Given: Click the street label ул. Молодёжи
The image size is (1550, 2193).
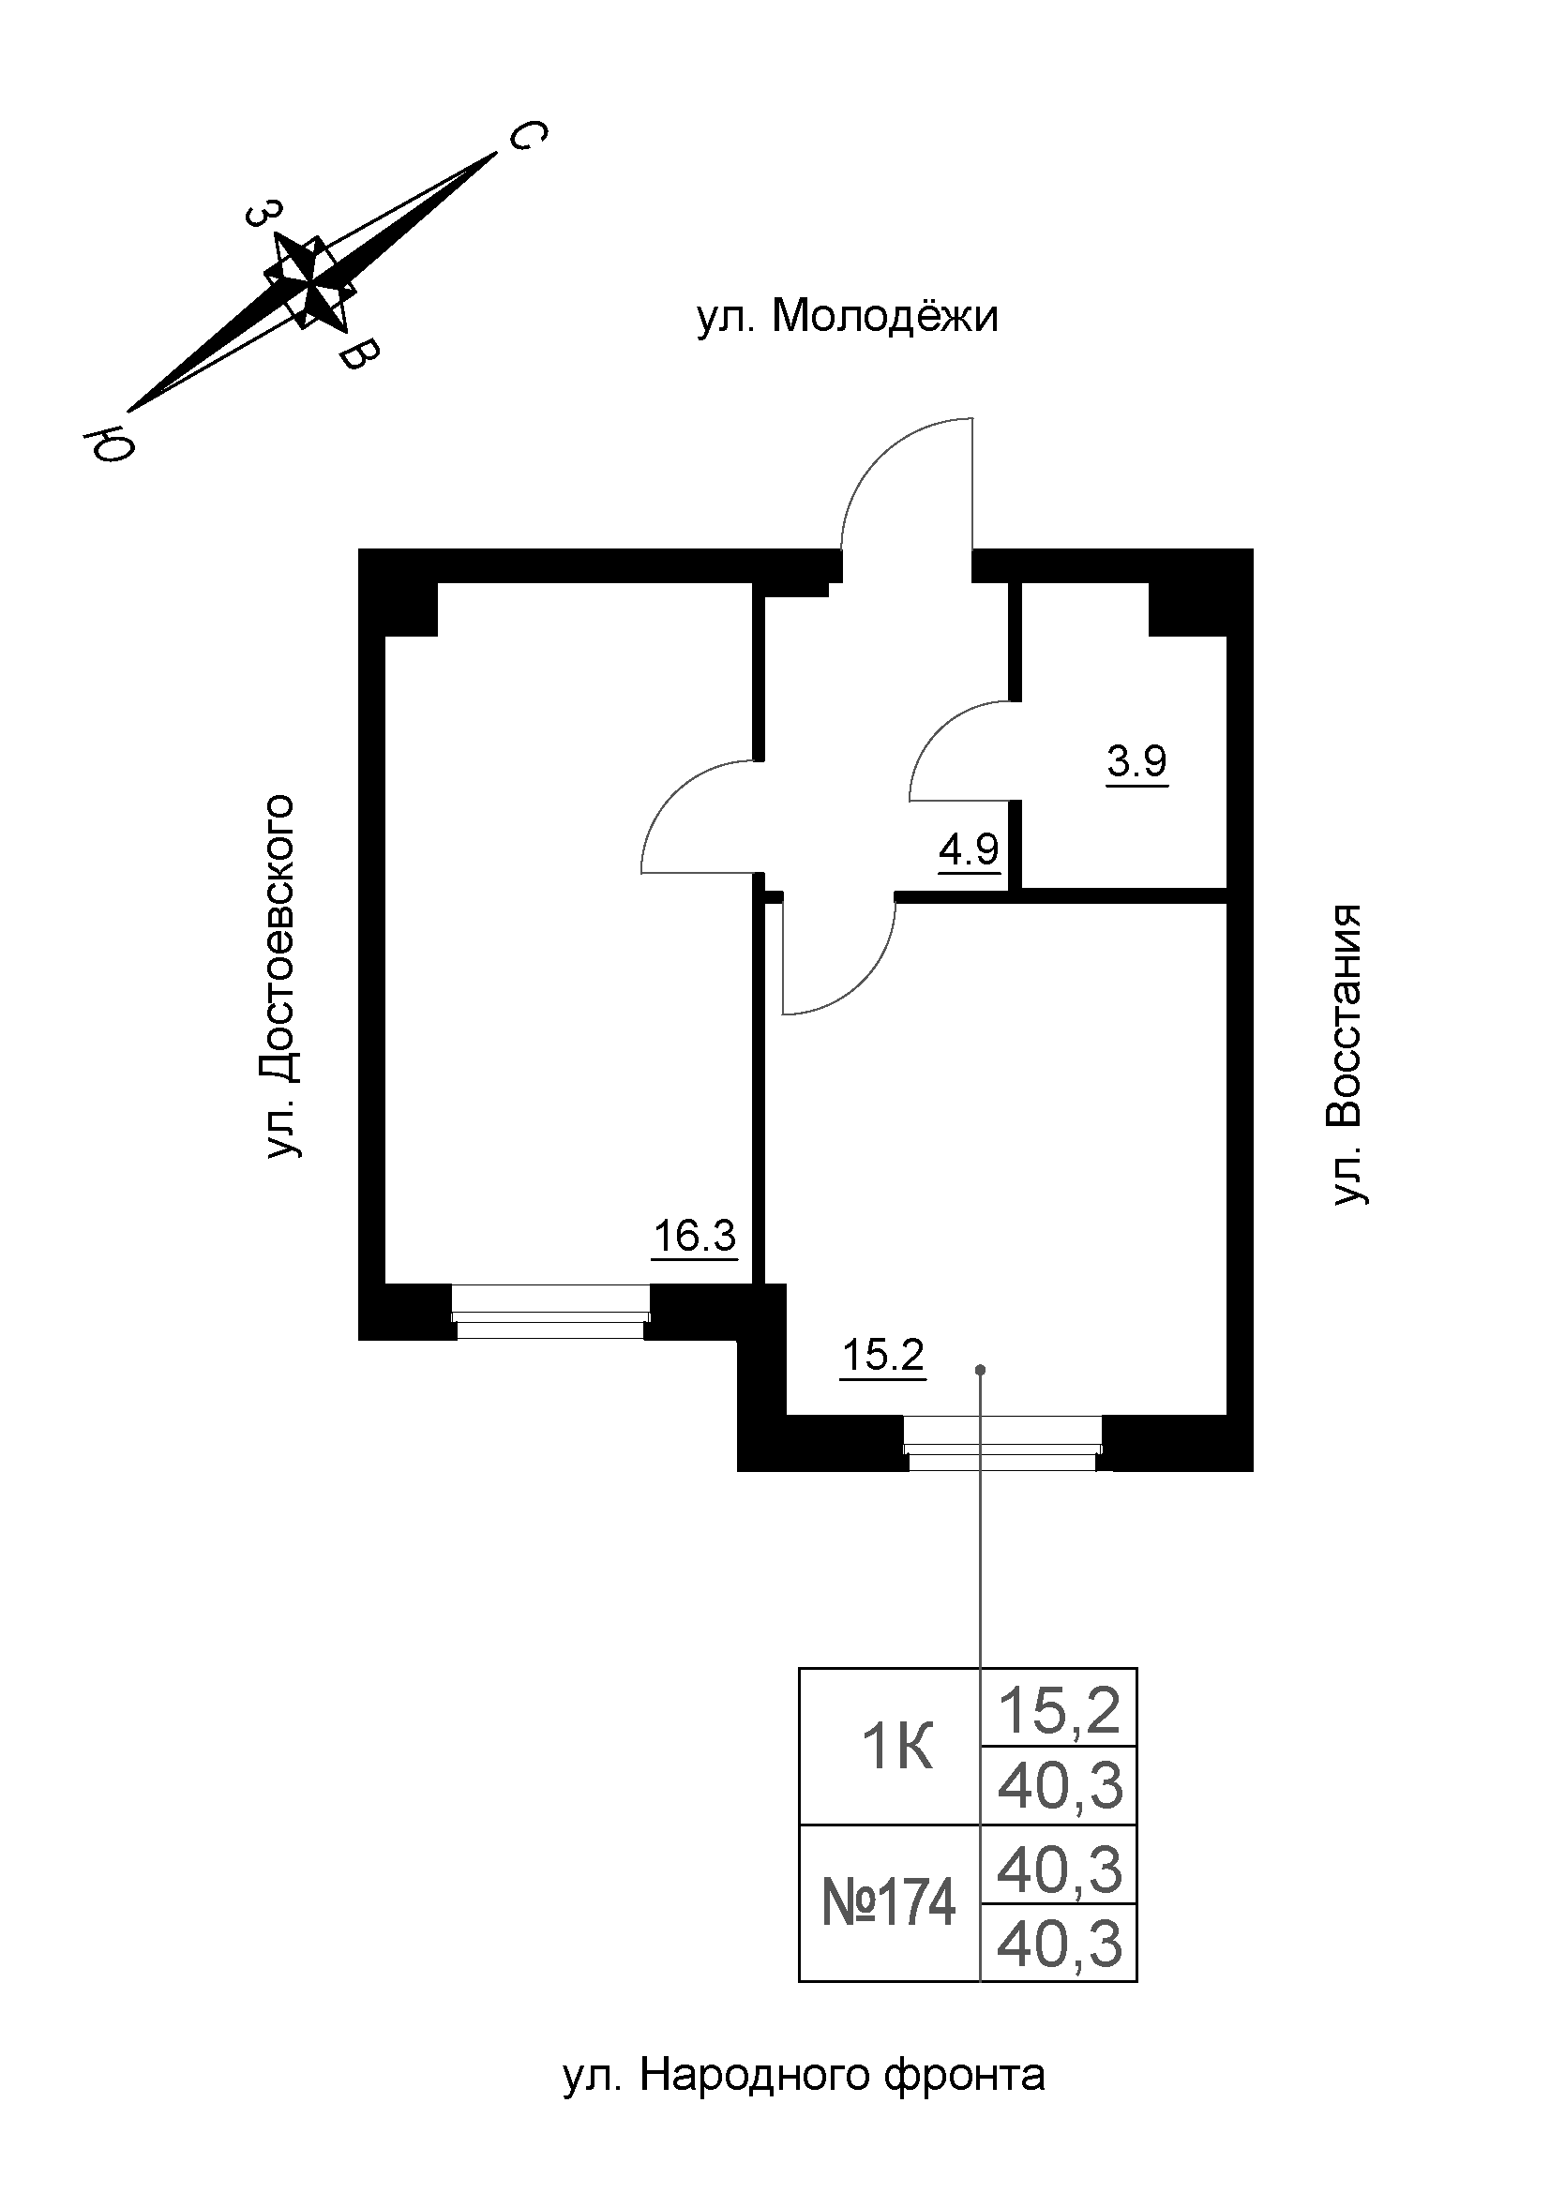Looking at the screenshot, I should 847,316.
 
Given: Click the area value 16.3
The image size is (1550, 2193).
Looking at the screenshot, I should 694,1237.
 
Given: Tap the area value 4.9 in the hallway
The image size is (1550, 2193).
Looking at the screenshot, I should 969,849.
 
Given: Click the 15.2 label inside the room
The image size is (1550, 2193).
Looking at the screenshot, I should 882,1355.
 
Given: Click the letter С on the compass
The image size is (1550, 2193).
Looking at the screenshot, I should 526,137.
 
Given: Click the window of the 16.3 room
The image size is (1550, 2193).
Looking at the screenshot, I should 550,1314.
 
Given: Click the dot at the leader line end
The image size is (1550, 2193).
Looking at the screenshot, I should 980,1371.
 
